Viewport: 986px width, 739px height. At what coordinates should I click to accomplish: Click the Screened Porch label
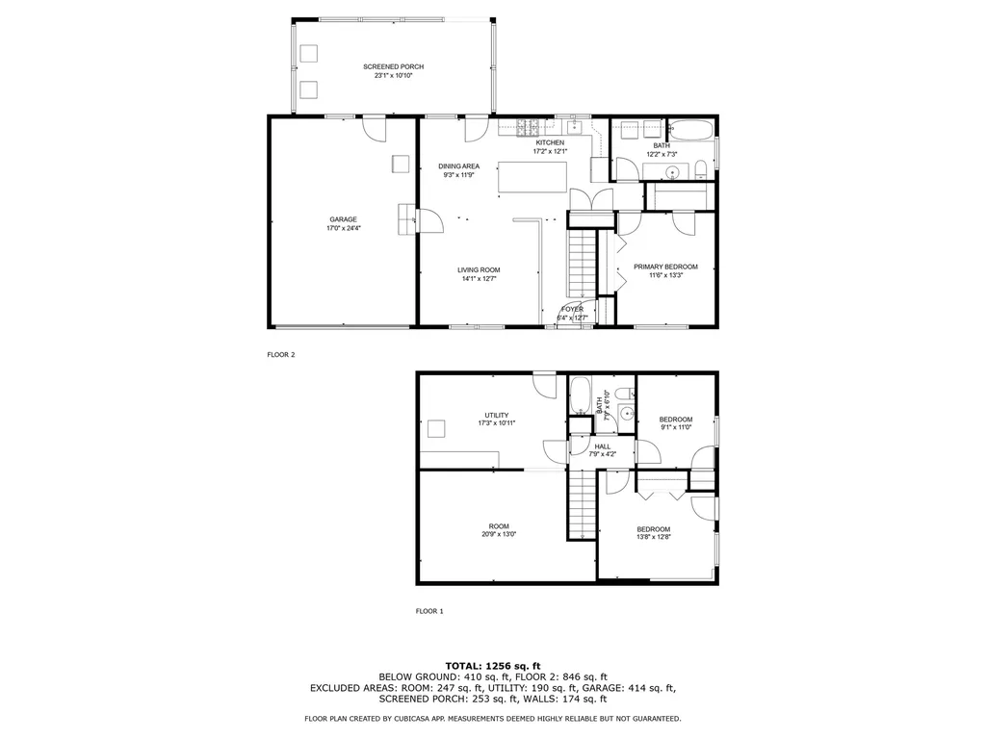[393, 66]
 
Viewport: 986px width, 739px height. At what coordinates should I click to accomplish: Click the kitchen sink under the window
[576, 126]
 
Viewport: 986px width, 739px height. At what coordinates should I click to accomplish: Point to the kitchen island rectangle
[532, 178]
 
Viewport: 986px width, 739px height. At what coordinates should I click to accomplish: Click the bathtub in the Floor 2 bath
[690, 130]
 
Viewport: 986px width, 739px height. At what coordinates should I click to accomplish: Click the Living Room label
[479, 269]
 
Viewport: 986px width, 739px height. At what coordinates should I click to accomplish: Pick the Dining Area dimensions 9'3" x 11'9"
[459, 175]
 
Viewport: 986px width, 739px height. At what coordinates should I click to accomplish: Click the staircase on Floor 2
[581, 264]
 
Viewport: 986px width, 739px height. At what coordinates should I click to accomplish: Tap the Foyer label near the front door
[572, 309]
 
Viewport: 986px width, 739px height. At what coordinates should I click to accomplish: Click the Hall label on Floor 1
[603, 446]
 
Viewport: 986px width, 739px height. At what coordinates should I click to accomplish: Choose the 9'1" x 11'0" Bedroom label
[675, 419]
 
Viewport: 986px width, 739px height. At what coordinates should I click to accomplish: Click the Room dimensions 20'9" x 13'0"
[499, 535]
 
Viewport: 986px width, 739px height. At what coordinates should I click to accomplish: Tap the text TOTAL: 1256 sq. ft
[492, 666]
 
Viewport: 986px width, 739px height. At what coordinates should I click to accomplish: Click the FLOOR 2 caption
[281, 355]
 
